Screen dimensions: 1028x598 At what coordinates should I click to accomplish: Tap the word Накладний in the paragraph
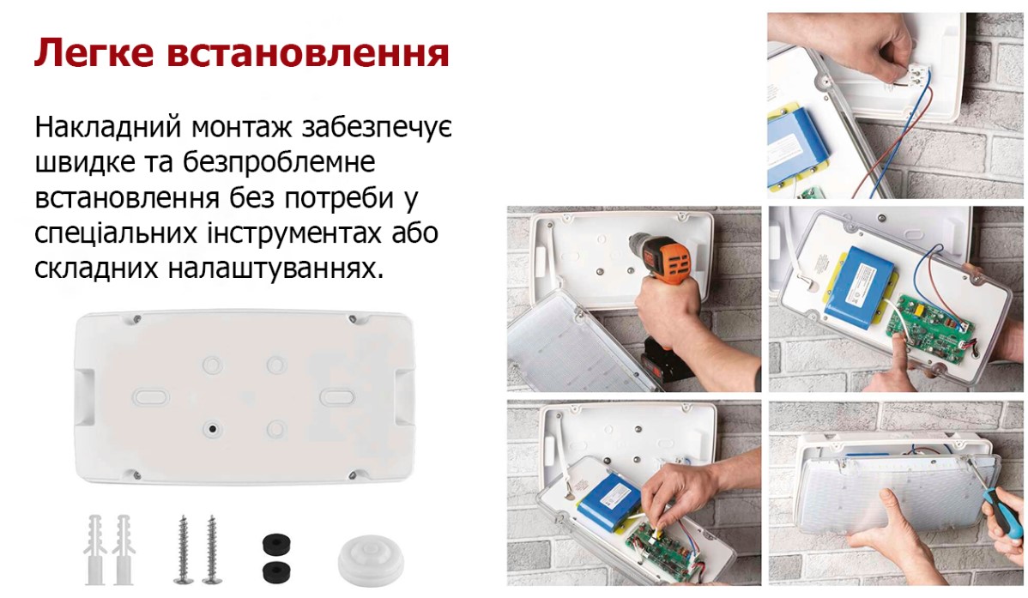[x=108, y=127]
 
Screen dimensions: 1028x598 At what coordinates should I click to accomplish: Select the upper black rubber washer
[x=276, y=545]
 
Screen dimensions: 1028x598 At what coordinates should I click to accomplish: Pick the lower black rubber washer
[x=276, y=571]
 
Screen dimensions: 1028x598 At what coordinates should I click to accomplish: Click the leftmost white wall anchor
[x=96, y=549]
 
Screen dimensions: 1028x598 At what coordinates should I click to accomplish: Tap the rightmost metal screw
[x=211, y=549]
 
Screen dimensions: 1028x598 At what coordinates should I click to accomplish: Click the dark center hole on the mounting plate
[x=212, y=430]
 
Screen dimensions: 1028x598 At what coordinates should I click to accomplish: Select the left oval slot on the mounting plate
[x=151, y=396]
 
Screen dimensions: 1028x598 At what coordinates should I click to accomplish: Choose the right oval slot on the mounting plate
[x=337, y=396]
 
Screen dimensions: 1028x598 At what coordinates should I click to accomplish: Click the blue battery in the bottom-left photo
[x=611, y=502]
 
